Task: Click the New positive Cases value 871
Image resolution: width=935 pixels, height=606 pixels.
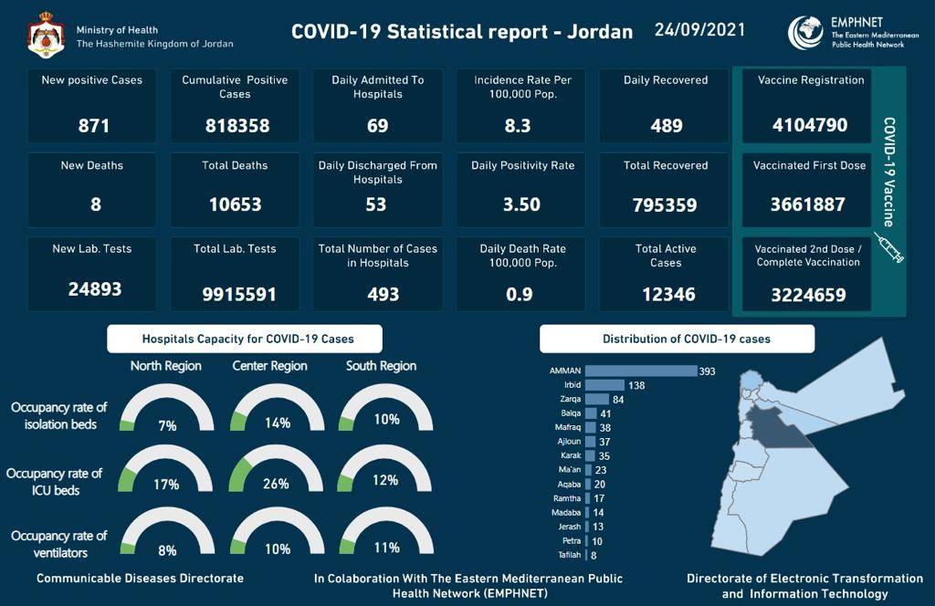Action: tap(93, 125)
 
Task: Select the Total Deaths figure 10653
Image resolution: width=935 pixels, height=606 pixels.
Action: tap(235, 205)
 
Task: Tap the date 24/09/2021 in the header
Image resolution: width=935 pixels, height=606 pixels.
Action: tap(699, 30)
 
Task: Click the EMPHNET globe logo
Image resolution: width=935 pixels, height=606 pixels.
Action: tap(805, 33)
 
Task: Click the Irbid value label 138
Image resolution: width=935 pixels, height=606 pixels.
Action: tap(636, 386)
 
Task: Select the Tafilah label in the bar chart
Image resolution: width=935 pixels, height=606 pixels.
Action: tap(569, 555)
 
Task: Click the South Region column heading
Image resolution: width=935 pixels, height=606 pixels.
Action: tap(381, 366)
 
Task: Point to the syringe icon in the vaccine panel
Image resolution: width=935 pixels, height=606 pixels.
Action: tap(888, 247)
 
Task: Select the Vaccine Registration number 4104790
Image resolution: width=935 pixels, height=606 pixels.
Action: tap(809, 125)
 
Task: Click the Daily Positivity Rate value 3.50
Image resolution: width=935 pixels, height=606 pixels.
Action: tap(521, 205)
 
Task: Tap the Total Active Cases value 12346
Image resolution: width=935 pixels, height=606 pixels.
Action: tap(666, 294)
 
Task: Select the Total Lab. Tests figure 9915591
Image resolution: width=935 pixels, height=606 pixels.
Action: tap(235, 295)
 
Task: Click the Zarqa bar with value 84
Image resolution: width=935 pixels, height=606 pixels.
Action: tap(597, 400)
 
